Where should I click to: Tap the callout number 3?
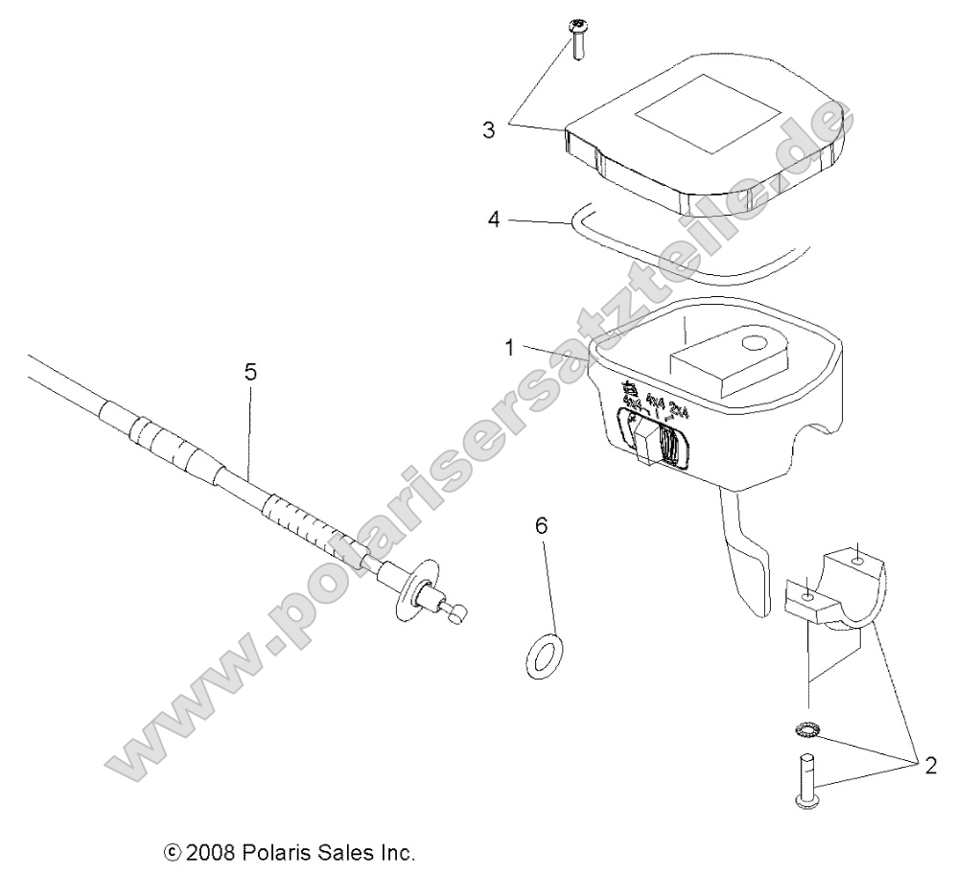tap(489, 129)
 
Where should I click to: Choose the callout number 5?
tap(250, 372)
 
